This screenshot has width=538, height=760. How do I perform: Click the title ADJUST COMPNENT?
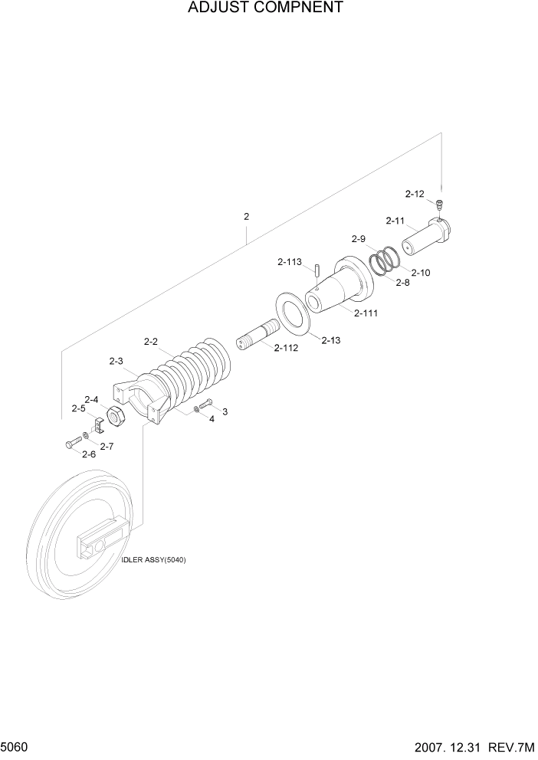pos(254,8)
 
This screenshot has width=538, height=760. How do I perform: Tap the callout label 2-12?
pos(415,194)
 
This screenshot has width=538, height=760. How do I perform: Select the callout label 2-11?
pos(395,221)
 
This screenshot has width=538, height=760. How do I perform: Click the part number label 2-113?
pos(290,262)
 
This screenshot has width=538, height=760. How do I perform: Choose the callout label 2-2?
pos(151,341)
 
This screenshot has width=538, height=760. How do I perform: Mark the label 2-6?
pos(89,454)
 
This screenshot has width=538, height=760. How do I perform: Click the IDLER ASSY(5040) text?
pos(153,560)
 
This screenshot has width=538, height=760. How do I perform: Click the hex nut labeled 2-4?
pos(115,417)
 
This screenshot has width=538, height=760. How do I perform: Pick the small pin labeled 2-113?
pos(316,268)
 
